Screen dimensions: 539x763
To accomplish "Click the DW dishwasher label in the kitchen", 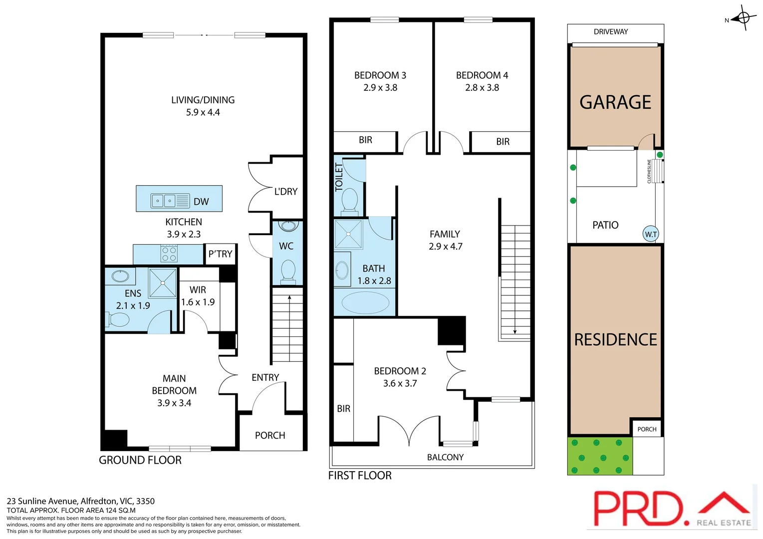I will click(x=201, y=202).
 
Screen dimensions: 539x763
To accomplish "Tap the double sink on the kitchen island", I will click(x=164, y=201).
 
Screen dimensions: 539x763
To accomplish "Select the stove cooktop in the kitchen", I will click(x=169, y=254).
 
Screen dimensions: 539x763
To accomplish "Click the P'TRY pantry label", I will click(x=220, y=254).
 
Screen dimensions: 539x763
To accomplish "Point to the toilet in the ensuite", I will click(x=117, y=319).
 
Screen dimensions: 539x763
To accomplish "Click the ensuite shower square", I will click(x=163, y=283).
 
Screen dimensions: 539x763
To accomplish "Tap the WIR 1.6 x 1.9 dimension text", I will click(x=198, y=302).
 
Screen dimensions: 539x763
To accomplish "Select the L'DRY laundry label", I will click(x=285, y=192).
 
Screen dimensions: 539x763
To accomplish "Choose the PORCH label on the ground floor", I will click(x=270, y=435).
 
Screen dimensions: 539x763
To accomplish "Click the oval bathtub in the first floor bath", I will click(x=365, y=302).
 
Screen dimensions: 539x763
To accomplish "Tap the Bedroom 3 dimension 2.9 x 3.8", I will click(x=380, y=88).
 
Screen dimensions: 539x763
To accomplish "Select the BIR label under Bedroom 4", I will click(x=503, y=142).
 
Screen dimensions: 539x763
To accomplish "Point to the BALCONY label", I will click(x=445, y=457).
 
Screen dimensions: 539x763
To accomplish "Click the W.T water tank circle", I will click(x=651, y=234).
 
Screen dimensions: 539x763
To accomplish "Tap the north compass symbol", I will click(x=743, y=19).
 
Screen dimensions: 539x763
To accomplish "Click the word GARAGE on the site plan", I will click(x=615, y=102).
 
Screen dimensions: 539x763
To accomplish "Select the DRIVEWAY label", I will click(x=611, y=31).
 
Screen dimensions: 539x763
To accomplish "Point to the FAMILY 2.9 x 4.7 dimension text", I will click(x=445, y=247).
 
